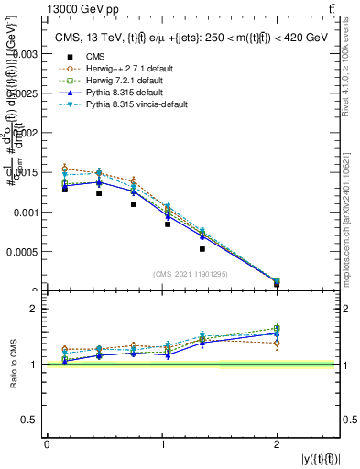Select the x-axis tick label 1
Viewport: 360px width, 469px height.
coord(162,444)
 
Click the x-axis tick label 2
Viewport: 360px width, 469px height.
coord(277,444)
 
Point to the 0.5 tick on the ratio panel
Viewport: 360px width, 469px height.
coord(29,420)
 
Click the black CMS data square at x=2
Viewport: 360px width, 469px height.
coord(277,285)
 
